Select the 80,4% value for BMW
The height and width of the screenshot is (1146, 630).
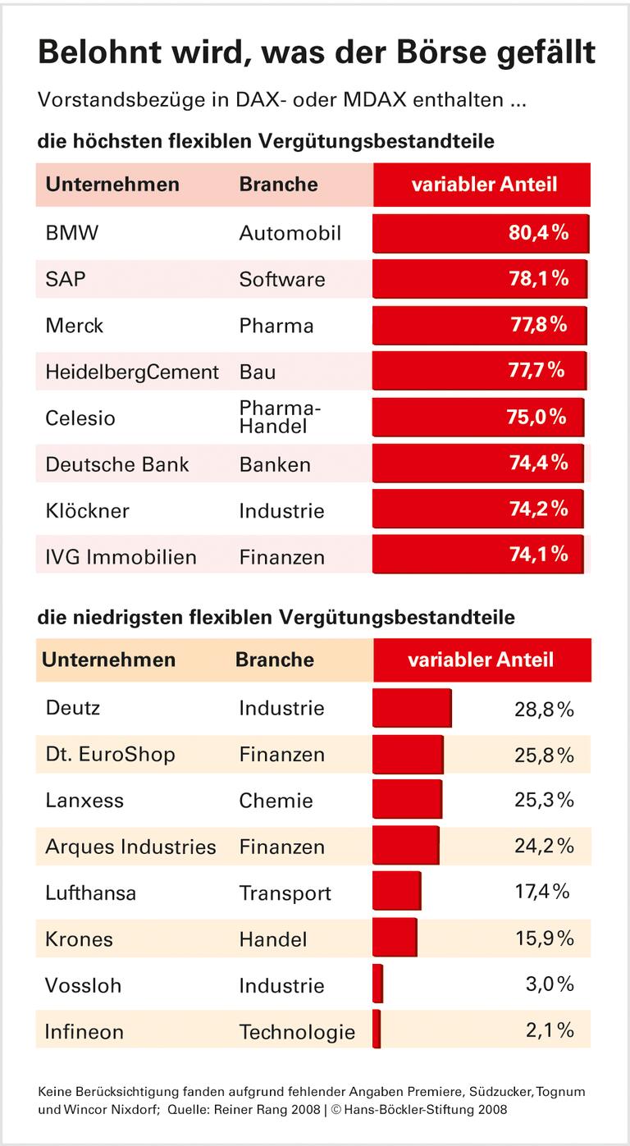coord(538,233)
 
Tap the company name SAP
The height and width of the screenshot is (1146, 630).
coord(66,279)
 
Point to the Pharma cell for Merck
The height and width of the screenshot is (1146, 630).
coord(276,326)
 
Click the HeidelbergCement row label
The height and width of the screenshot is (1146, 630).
coord(132,372)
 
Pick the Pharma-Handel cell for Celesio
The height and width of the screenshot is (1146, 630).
coord(280,418)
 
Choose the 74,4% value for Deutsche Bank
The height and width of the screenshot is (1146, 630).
coord(538,463)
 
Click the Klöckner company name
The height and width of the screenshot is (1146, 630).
coord(88,510)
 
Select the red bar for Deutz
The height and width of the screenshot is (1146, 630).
coord(412,707)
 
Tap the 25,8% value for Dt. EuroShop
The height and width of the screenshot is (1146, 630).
coord(544,754)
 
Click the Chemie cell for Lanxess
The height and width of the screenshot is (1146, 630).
coord(276,800)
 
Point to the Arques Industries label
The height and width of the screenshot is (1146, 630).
coord(130,847)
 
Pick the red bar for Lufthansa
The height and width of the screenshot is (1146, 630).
coord(397,892)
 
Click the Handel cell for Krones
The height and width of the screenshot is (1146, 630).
coord(273,938)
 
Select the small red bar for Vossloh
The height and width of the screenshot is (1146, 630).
coord(377,984)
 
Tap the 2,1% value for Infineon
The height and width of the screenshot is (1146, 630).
coord(549,1030)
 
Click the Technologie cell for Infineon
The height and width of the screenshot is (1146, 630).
coord(297,1031)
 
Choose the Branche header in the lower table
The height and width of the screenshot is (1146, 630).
coord(274,660)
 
